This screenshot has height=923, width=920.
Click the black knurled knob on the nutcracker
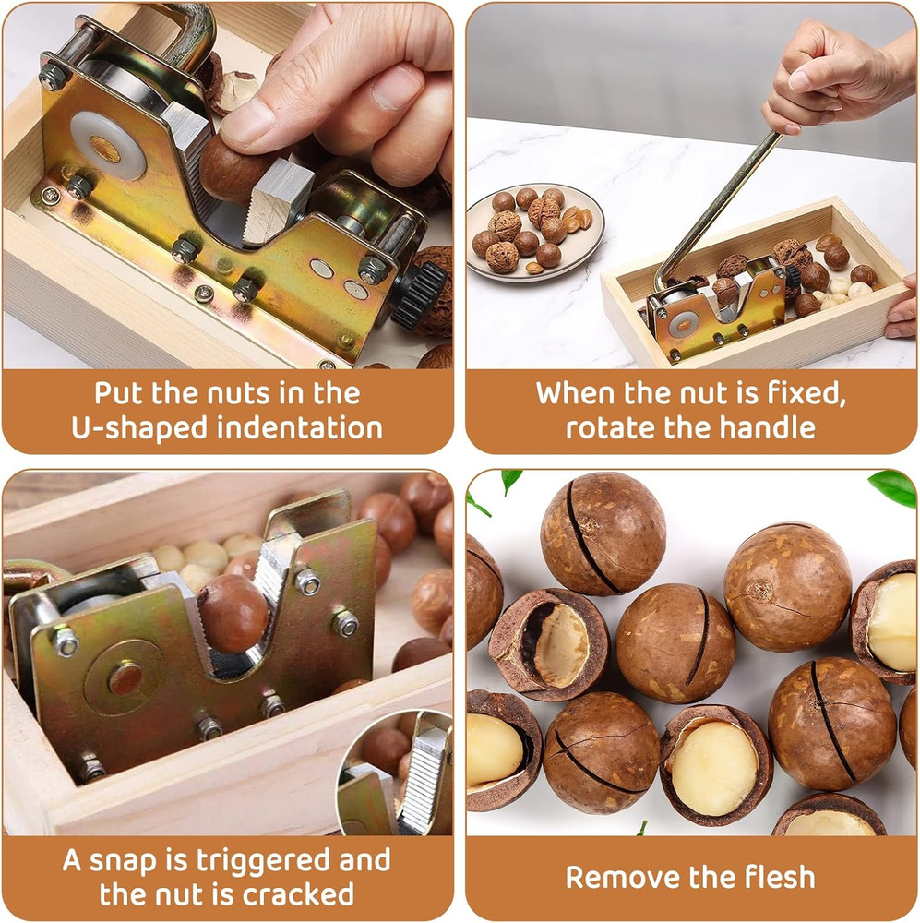[420, 296]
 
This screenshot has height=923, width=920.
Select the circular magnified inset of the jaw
[397, 775]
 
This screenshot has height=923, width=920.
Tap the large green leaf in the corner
[893, 486]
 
